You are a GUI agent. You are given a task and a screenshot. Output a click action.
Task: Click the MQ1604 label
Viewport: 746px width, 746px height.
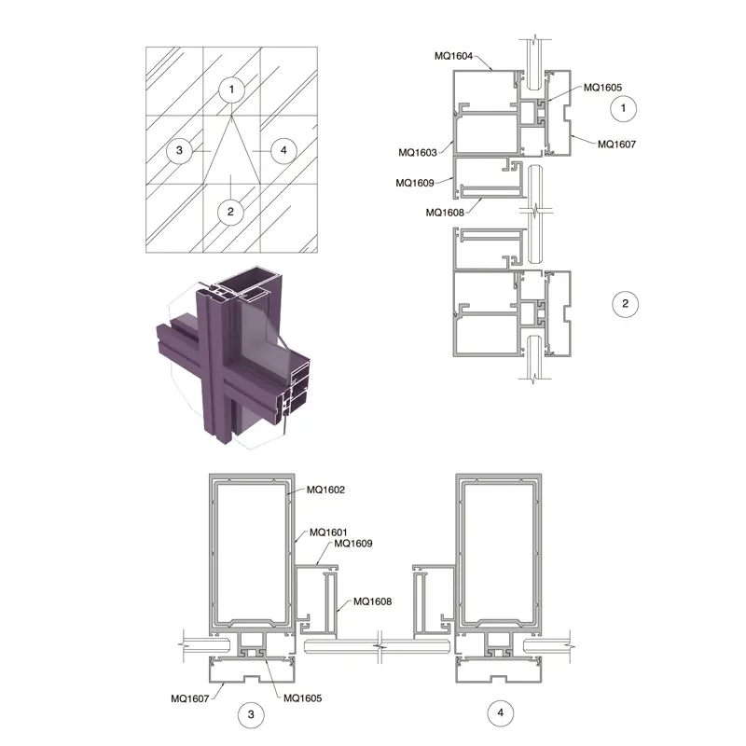click(x=453, y=56)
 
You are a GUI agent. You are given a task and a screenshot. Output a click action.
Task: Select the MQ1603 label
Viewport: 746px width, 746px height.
click(x=417, y=153)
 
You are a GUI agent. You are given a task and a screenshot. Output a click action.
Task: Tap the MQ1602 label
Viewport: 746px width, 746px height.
click(x=325, y=490)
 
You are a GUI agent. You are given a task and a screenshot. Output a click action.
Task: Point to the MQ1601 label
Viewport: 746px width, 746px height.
click(x=328, y=532)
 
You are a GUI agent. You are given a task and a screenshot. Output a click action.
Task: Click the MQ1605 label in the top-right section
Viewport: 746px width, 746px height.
click(x=602, y=88)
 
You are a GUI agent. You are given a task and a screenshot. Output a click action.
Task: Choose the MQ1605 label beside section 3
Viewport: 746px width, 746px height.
click(x=302, y=698)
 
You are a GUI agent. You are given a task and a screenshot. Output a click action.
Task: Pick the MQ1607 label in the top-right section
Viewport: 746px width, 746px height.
click(x=616, y=145)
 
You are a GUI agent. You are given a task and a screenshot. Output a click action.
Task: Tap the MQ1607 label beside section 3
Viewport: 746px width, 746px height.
click(x=190, y=698)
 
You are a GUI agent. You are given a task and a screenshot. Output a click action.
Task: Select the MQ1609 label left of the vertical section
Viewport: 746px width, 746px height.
click(x=414, y=183)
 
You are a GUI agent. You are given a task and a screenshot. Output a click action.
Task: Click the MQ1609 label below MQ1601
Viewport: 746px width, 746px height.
click(x=353, y=544)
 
